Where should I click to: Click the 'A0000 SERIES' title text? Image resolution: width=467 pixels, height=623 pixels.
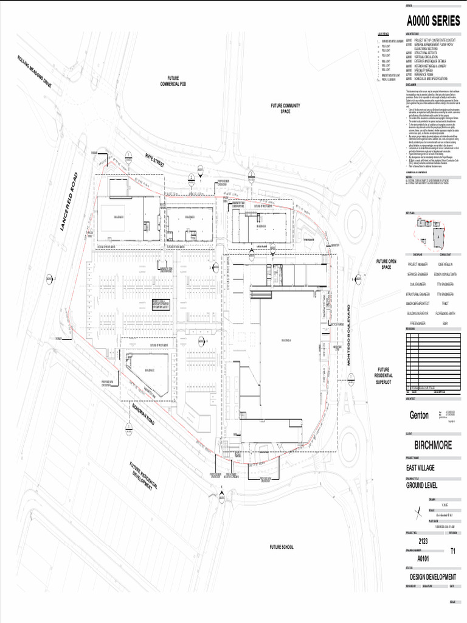[432, 20]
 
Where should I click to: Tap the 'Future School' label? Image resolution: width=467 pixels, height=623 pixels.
[282, 547]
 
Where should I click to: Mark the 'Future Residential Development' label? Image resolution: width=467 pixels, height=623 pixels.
[144, 478]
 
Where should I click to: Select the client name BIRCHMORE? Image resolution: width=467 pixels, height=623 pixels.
[432, 445]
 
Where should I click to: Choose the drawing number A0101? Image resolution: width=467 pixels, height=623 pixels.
[424, 558]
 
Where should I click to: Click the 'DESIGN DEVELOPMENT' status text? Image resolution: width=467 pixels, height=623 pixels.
[432, 576]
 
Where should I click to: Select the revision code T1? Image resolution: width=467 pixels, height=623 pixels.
[452, 551]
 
